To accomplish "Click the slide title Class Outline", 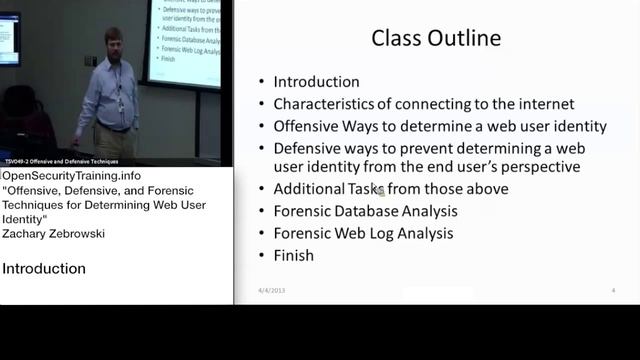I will (436, 39).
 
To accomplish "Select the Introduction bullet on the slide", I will (316, 82).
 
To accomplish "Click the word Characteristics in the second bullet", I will (323, 104).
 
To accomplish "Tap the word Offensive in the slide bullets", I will (308, 126).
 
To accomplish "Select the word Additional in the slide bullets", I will (310, 189).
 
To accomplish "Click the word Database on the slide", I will (390, 211).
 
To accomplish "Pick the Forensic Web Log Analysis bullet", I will (363, 233).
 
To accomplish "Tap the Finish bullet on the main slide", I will (293, 255).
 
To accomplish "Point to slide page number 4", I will (612, 290).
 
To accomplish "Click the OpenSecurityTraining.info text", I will (79, 176).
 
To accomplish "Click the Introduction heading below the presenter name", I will (44, 268).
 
